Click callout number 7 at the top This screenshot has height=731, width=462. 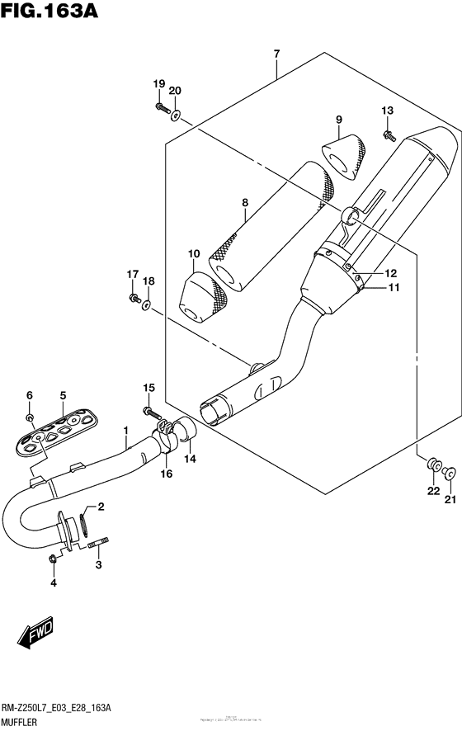click(276, 54)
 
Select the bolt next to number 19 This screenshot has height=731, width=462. click(160, 108)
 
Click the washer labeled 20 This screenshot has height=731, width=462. click(176, 115)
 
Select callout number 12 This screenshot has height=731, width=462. click(390, 273)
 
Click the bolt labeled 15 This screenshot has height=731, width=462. click(149, 410)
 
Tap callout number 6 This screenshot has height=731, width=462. click(30, 395)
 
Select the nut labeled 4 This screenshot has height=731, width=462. click(53, 560)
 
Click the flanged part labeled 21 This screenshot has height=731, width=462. click(450, 474)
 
